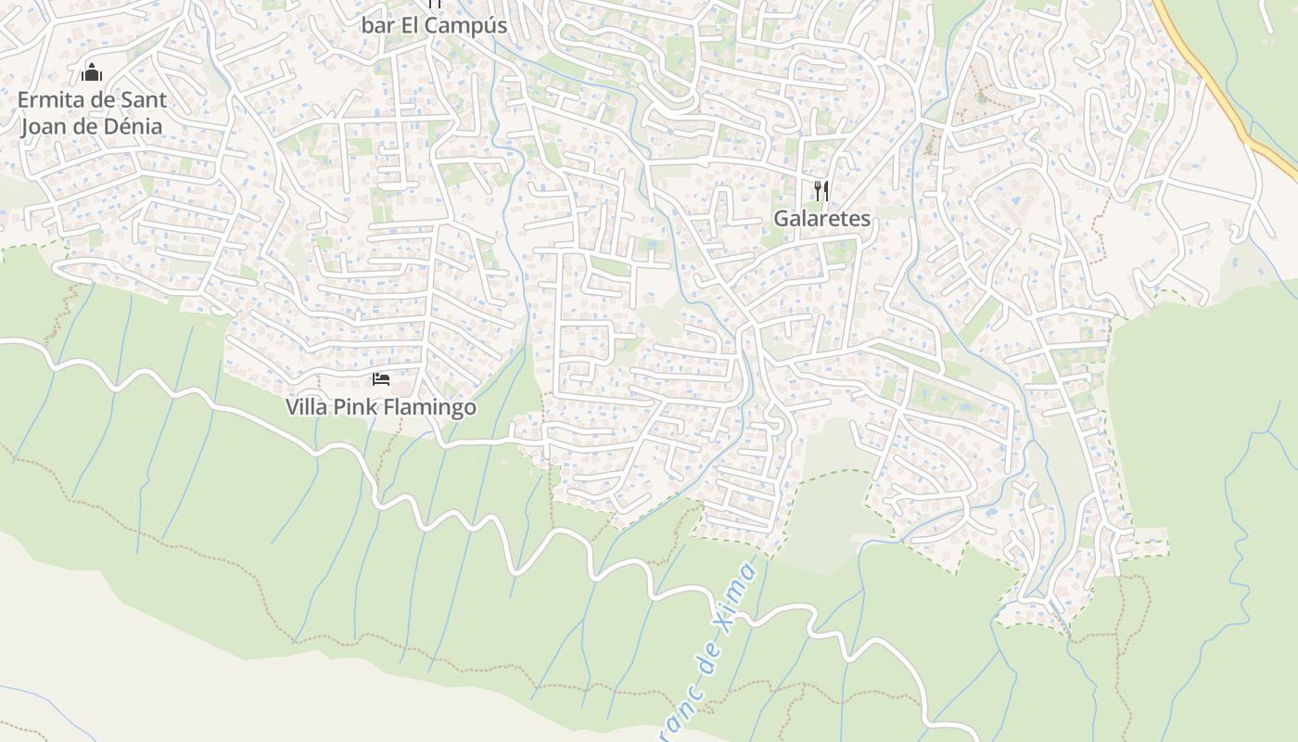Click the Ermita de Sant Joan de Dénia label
(92, 113)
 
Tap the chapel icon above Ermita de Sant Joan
(92, 72)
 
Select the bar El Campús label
(434, 26)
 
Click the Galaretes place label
(822, 219)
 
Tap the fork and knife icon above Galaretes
(821, 191)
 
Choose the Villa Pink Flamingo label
(381, 407)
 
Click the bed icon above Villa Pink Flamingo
(380, 378)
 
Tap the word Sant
(144, 100)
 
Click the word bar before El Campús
(377, 26)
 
